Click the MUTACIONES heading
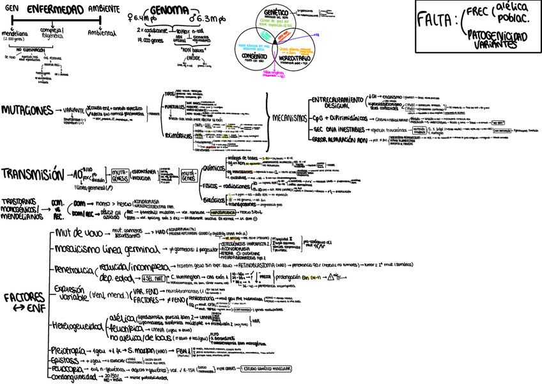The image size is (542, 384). point(27,110)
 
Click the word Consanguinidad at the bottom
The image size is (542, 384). point(79,377)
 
